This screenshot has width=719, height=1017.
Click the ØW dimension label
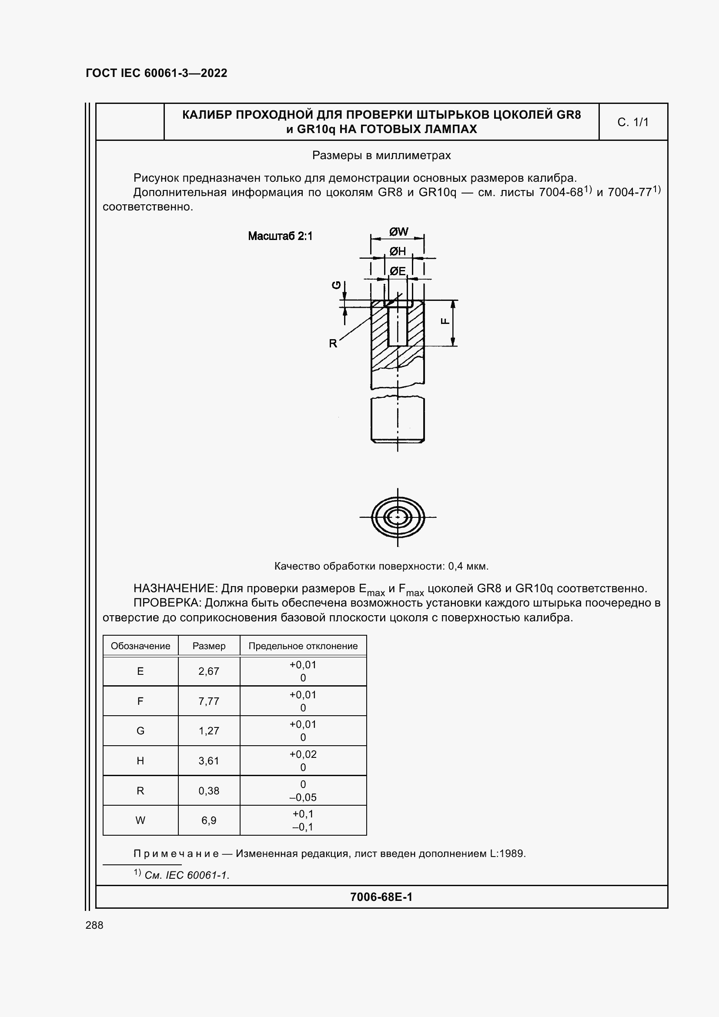[x=399, y=231]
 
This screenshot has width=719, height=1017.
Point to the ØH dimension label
[x=398, y=251]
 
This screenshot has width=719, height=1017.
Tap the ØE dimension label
[x=398, y=270]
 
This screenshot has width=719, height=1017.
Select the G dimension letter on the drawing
[x=337, y=285]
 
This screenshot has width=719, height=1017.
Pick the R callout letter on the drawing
[x=333, y=343]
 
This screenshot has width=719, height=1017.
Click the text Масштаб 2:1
[x=280, y=236]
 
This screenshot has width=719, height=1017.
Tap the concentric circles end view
[x=398, y=517]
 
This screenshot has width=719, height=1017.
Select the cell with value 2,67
[x=209, y=671]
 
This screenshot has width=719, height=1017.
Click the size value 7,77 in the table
[x=209, y=701]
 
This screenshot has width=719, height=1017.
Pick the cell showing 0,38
[x=209, y=790]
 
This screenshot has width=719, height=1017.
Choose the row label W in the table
[x=140, y=820]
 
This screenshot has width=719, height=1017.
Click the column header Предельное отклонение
[x=303, y=646]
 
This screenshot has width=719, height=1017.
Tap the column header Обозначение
[x=140, y=646]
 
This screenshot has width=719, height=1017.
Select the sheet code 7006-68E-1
[x=381, y=897]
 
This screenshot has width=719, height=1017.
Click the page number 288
[x=94, y=925]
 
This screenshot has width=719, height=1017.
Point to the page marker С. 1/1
[x=632, y=122]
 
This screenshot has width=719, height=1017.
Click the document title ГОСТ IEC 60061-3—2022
[x=157, y=73]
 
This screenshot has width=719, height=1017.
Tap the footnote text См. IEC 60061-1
[x=187, y=875]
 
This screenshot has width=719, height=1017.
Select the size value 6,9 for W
[x=209, y=820]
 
